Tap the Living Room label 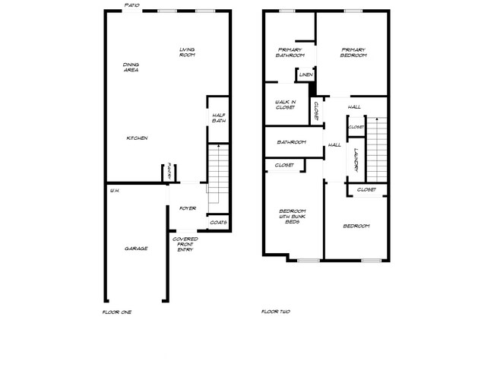click(187, 52)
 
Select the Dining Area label click(131, 67)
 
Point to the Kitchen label click(137, 138)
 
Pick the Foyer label click(188, 208)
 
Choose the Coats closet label click(218, 223)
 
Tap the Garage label click(136, 249)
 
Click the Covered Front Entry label click(187, 244)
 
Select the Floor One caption click(116, 312)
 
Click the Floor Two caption click(275, 312)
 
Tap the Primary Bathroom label click(290, 53)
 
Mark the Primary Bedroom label click(353, 53)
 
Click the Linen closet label click(306, 75)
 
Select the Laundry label click(355, 160)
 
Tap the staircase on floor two click(378, 147)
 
